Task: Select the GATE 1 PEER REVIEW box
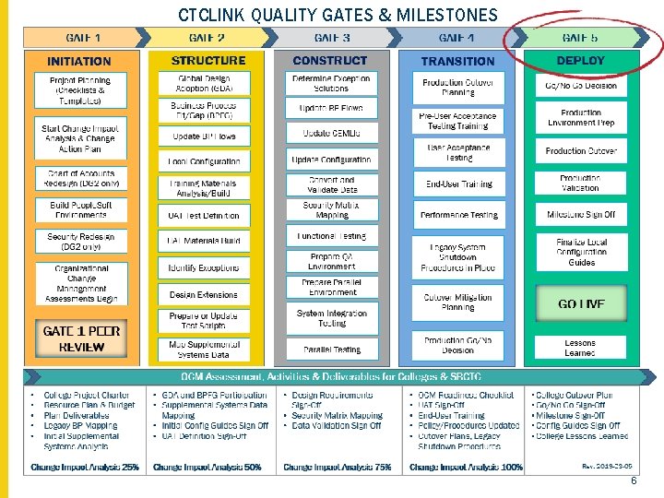[x=81, y=338]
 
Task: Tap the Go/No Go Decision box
[x=580, y=85]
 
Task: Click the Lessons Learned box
[x=580, y=348]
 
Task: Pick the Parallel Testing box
[x=332, y=350]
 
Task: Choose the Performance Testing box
[x=458, y=215]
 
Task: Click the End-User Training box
[x=458, y=184]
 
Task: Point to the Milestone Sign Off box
[x=580, y=215]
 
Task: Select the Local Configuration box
[x=204, y=161]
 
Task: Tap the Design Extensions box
[x=204, y=295]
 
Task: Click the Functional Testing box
[x=332, y=236]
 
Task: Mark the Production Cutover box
[x=580, y=150]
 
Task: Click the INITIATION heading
[x=79, y=61]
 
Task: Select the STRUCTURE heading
[x=208, y=61]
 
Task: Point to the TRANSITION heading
[x=457, y=61]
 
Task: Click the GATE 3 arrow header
[x=332, y=38]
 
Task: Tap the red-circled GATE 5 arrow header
[x=580, y=38]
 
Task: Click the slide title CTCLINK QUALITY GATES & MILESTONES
[x=338, y=15]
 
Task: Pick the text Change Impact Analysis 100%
[x=466, y=467]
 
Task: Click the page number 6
[x=634, y=482]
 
